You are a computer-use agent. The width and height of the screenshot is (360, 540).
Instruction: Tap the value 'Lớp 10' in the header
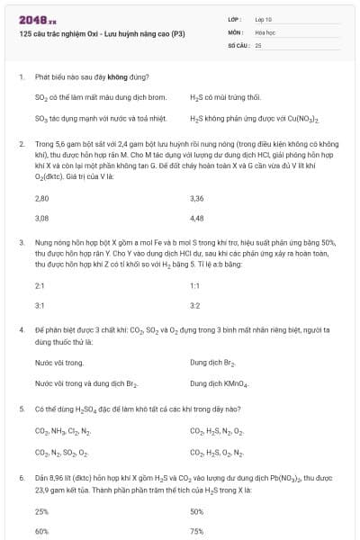pos(264,19)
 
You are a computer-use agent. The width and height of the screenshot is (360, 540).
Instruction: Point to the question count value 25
pos(258,44)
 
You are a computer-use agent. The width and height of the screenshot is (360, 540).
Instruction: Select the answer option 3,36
pos(197,197)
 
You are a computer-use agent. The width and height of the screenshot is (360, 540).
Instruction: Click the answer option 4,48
pos(197,218)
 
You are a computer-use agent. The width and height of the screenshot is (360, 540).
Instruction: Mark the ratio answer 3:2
pos(195,305)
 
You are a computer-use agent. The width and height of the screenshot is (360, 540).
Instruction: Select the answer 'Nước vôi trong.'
pos(59,363)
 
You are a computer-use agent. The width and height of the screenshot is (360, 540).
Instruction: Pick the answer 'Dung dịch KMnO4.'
pos(219,384)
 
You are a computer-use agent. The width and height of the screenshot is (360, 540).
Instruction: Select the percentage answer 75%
pos(197,531)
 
